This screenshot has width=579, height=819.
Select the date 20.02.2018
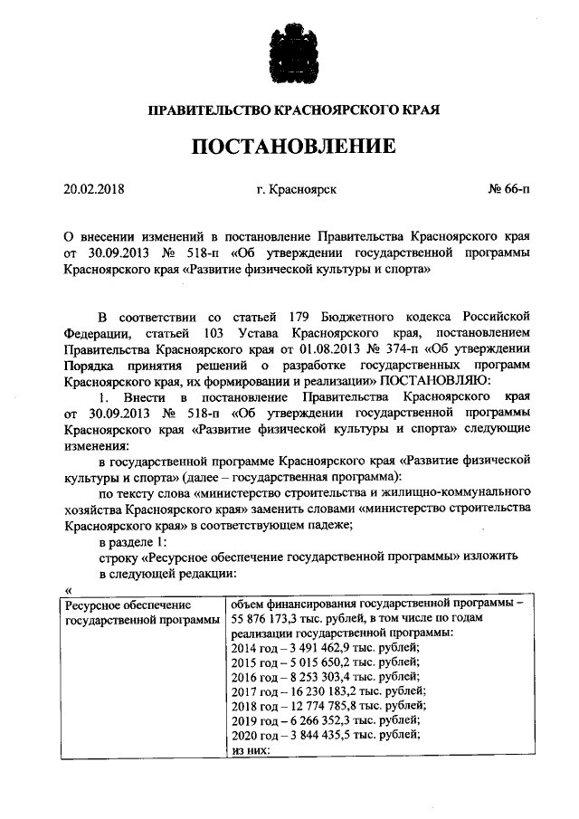click(x=94, y=191)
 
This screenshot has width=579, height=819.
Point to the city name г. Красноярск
click(x=297, y=191)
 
